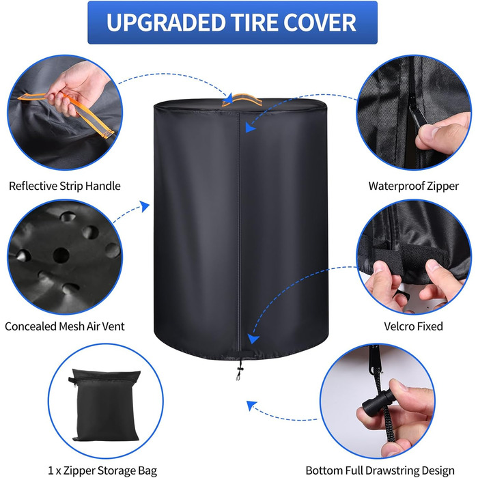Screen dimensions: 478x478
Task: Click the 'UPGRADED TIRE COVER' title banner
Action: pos(232,23)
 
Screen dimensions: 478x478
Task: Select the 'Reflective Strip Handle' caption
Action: pos(65,186)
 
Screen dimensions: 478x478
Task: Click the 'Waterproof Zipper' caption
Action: pos(413,186)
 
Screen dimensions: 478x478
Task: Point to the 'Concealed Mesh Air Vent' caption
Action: pos(65,326)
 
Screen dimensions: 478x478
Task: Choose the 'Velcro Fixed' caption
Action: pos(413,326)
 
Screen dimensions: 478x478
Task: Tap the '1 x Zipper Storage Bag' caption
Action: pos(102,470)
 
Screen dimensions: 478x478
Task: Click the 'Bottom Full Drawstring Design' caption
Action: pos(380,470)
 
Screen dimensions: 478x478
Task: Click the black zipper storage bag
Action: pos(104,405)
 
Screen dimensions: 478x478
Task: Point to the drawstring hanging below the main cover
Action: pos(239,369)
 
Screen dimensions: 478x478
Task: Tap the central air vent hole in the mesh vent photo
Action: pos(61,255)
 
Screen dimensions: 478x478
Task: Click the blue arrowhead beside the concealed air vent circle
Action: pos(145,206)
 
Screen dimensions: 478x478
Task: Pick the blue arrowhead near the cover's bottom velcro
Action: pos(253,338)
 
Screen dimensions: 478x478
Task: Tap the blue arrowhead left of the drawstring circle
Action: pos(251,405)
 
